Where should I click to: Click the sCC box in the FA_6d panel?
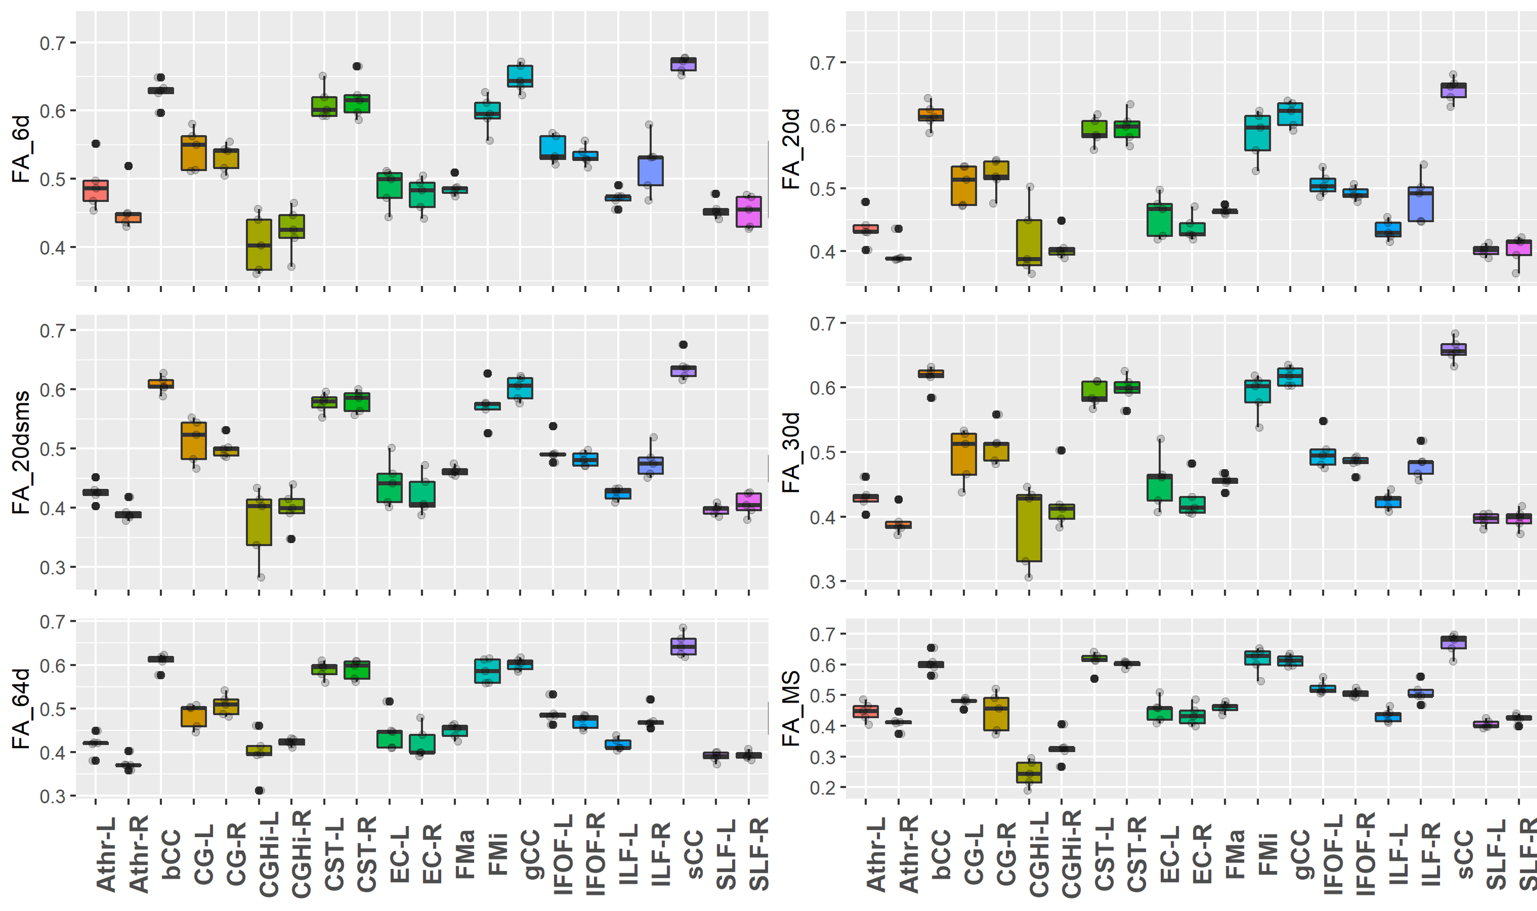point(683,64)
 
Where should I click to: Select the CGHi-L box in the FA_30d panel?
point(1029,527)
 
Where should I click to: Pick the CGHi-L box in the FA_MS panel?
point(1029,772)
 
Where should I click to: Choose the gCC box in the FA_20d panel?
point(1290,114)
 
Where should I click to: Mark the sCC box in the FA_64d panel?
point(683,647)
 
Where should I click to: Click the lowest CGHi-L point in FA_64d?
point(259,790)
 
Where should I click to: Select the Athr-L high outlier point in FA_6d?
point(96,143)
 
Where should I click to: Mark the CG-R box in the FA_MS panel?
point(996,714)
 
